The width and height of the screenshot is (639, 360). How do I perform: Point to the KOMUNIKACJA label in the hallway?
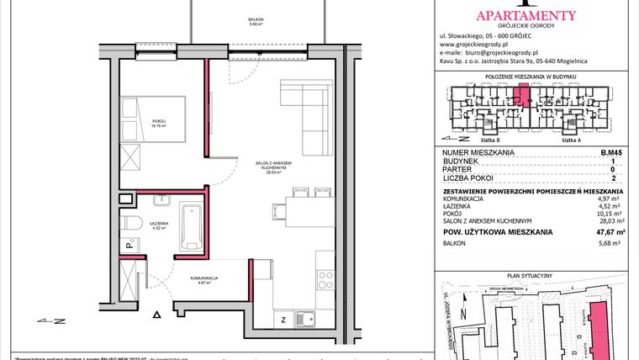coord(204,279)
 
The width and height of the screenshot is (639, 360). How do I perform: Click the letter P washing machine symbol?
coord(128,246)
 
